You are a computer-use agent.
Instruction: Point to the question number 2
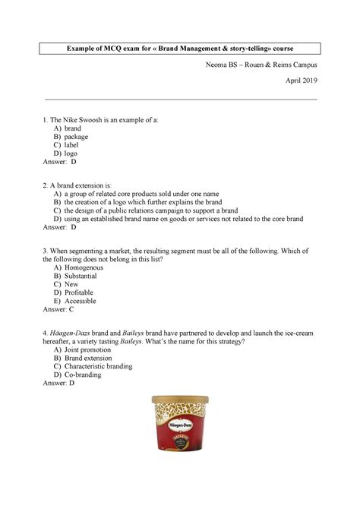point(46,184)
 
